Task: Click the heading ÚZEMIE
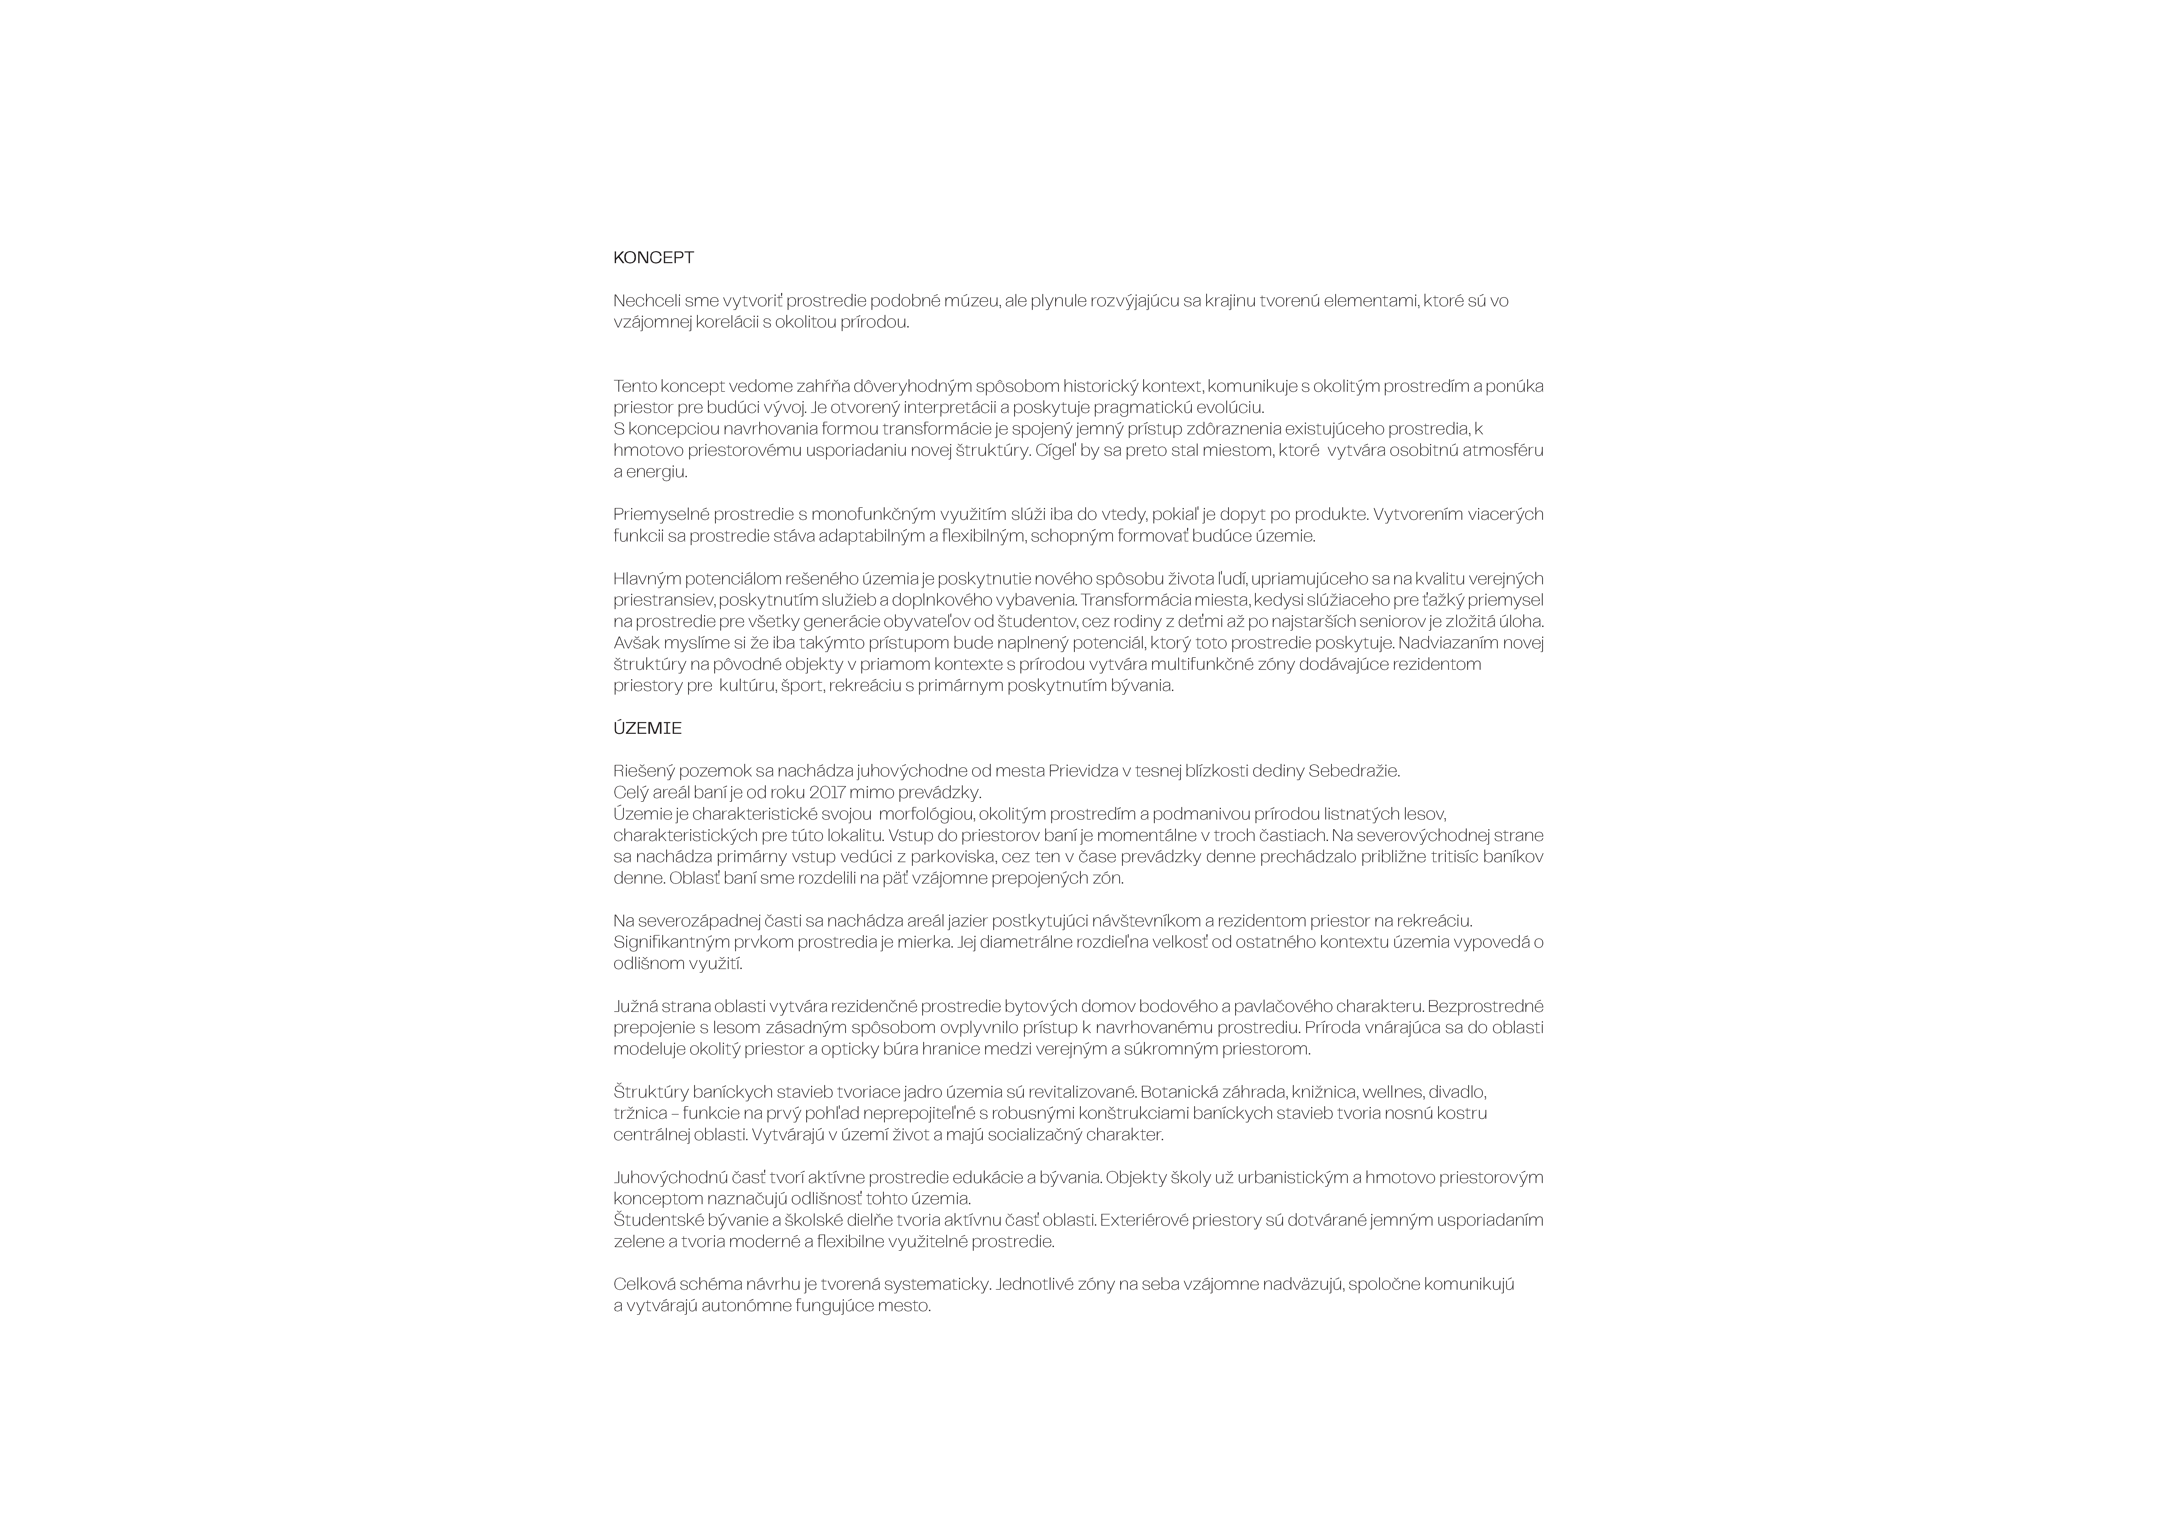coord(647,728)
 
